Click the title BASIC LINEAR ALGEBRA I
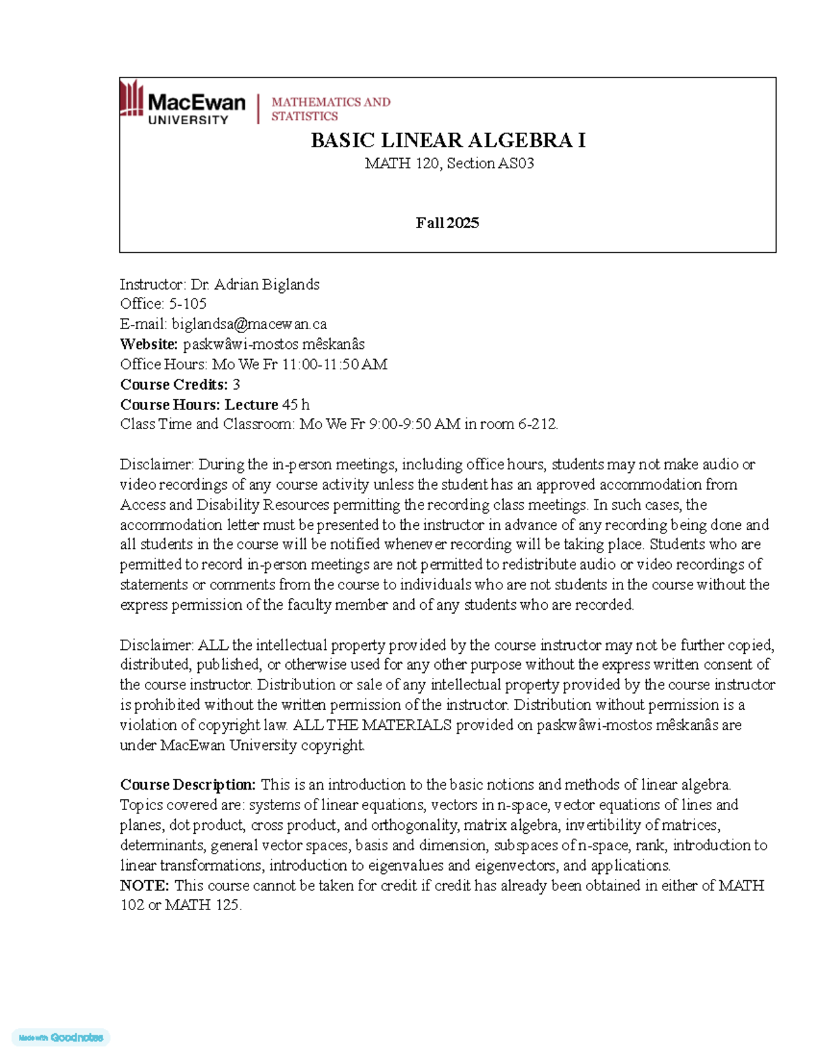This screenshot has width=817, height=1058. click(x=448, y=140)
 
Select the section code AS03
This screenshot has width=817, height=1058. click(x=516, y=164)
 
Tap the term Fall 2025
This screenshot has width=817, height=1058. click(x=447, y=223)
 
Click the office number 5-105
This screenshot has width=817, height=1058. click(x=187, y=304)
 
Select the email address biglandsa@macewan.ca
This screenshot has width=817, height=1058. click(x=249, y=324)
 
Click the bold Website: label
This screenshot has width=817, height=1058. click(x=149, y=344)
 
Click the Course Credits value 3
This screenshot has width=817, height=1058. click(x=236, y=384)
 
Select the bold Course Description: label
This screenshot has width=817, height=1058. click(x=188, y=785)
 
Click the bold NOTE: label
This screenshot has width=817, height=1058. click(x=144, y=886)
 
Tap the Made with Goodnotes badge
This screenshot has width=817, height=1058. click(x=61, y=1038)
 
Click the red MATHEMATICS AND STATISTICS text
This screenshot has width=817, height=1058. click(x=331, y=109)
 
